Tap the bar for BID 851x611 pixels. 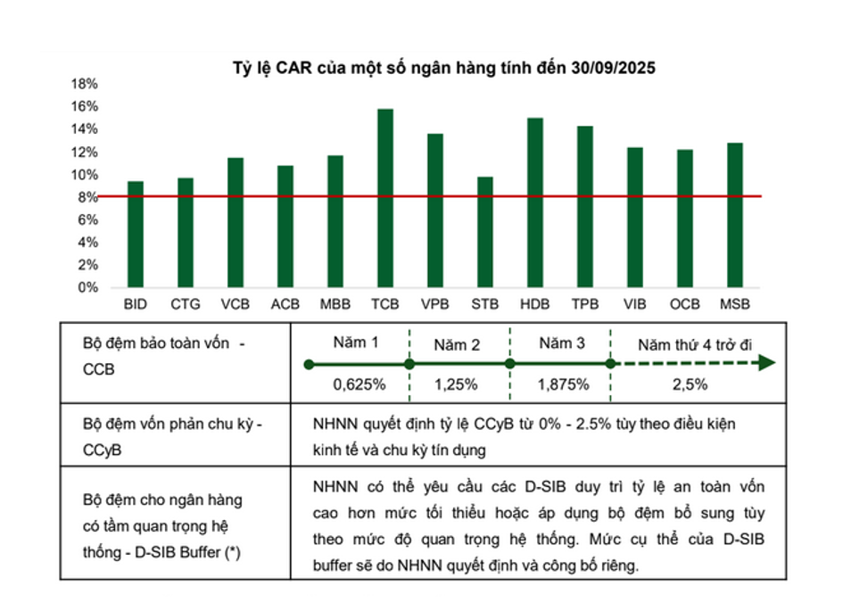point(136,234)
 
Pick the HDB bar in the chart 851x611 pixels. point(535,202)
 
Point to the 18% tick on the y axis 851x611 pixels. point(84,84)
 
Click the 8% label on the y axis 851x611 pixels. point(87,197)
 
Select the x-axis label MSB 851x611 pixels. point(734,304)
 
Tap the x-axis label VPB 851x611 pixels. point(435,304)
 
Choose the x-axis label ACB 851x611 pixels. point(285,304)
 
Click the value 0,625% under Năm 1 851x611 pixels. point(359,385)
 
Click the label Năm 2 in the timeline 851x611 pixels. point(458,344)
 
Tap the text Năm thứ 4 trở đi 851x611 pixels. point(692,344)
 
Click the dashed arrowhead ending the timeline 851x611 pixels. point(766,364)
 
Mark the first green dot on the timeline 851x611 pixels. point(309,364)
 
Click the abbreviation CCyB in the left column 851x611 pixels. point(100,450)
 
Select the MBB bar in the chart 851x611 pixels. point(335,221)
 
